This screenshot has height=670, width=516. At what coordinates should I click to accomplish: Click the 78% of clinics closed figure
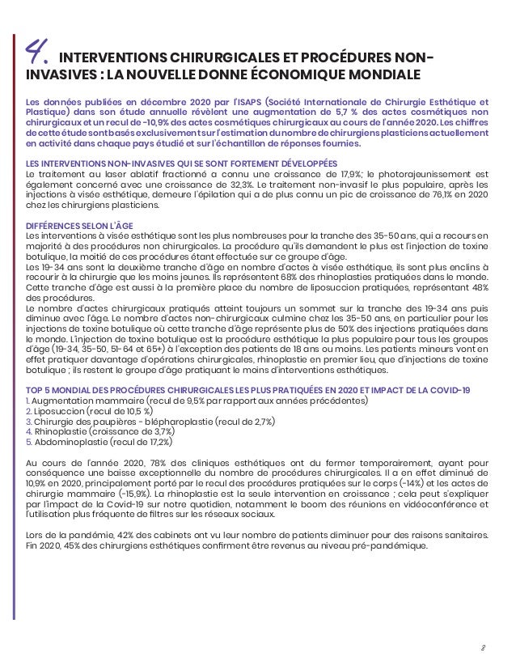(163, 462)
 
